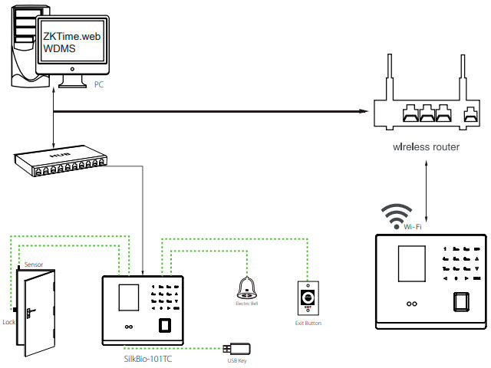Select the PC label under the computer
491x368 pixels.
pyautogui.click(x=99, y=84)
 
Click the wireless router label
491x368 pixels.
pyautogui.click(x=427, y=146)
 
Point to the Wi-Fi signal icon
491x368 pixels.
pyautogui.click(x=397, y=215)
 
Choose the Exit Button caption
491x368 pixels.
pyautogui.click(x=308, y=324)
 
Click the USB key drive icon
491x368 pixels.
pyautogui.click(x=233, y=349)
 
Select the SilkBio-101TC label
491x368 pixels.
pyautogui.click(x=147, y=357)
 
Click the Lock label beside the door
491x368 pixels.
pyautogui.click(x=8, y=323)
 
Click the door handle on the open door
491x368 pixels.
pyautogui.click(x=31, y=312)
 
